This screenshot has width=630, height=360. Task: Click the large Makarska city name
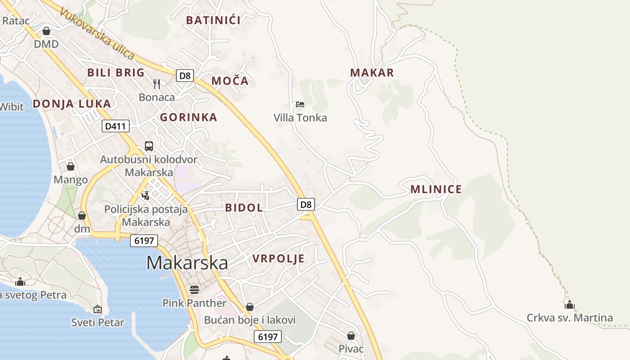187,263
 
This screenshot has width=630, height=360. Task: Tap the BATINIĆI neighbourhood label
213,20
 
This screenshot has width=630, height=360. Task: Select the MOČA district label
229,81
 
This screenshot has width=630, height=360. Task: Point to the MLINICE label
436,189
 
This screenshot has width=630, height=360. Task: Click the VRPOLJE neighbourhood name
278,259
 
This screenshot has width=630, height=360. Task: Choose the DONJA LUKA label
72,104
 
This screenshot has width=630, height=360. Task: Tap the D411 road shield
115,126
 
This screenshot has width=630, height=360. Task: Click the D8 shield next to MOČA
185,75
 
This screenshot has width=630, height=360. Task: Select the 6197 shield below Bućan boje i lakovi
267,337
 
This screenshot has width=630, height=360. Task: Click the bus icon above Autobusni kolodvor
149,146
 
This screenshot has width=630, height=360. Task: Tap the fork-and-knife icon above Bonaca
157,84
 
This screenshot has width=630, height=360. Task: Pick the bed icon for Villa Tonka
300,105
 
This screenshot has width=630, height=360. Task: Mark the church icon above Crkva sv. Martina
570,305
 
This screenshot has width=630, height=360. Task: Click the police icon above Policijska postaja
145,196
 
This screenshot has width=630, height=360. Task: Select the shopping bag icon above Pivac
351,336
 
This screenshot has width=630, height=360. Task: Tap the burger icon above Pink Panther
194,289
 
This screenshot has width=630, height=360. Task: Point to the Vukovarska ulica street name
97,34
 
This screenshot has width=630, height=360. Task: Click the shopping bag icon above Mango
71,166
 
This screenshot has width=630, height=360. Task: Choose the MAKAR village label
372,72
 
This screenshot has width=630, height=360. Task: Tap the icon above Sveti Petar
98,309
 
